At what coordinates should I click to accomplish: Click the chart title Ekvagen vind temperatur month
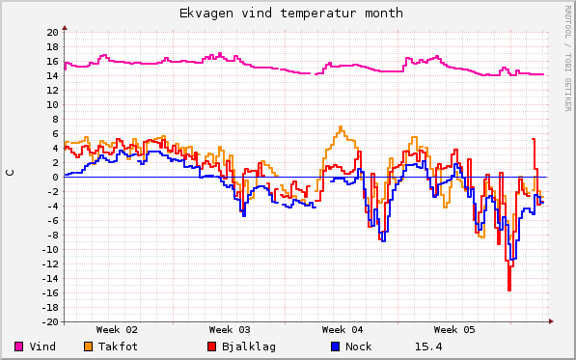coord(291,14)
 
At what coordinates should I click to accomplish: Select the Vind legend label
coord(42,346)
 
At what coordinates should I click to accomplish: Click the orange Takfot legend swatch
coord(88,346)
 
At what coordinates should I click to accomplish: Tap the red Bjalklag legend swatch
coord(211,346)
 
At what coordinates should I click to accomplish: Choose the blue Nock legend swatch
coord(335,346)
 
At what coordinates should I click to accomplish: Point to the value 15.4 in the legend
coord(428,346)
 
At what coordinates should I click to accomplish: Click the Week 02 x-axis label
coord(117,329)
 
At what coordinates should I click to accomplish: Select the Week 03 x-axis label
coord(229,329)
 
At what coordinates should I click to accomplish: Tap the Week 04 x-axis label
coord(342,329)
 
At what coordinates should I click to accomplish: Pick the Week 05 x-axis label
coord(454,329)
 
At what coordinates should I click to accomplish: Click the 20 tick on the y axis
coord(52,32)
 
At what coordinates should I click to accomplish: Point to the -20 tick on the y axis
coord(49,321)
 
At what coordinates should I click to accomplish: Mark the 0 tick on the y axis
coord(55,177)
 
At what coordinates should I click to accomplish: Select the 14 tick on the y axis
coord(52,75)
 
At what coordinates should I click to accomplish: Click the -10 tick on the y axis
coord(49,249)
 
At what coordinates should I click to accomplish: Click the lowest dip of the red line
coord(509,290)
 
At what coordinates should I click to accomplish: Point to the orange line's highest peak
coord(341,126)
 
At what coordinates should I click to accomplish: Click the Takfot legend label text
coord(118,346)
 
